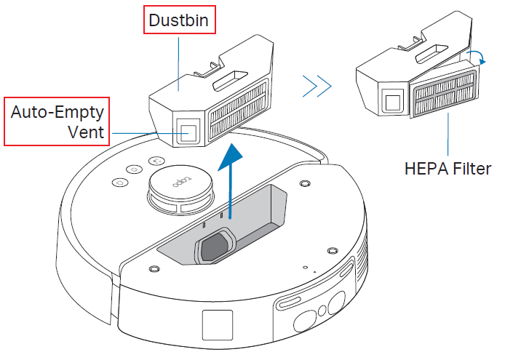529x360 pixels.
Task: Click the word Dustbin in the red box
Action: (178, 20)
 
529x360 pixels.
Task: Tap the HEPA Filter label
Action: (448, 169)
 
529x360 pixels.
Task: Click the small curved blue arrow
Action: (478, 58)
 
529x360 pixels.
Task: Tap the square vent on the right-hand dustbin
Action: (393, 101)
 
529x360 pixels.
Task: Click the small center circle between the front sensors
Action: (322, 311)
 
